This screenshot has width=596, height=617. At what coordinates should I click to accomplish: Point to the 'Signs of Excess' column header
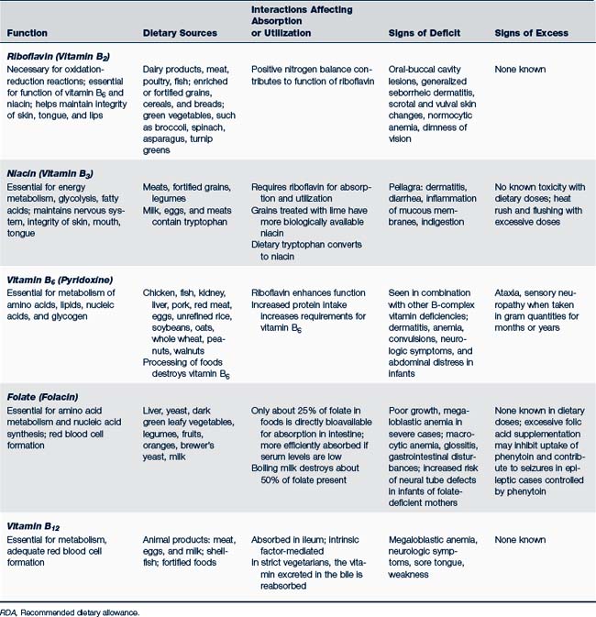532,33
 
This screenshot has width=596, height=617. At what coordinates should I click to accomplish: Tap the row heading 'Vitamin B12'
34,525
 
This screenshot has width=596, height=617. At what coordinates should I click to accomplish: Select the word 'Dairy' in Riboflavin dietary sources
156,70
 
